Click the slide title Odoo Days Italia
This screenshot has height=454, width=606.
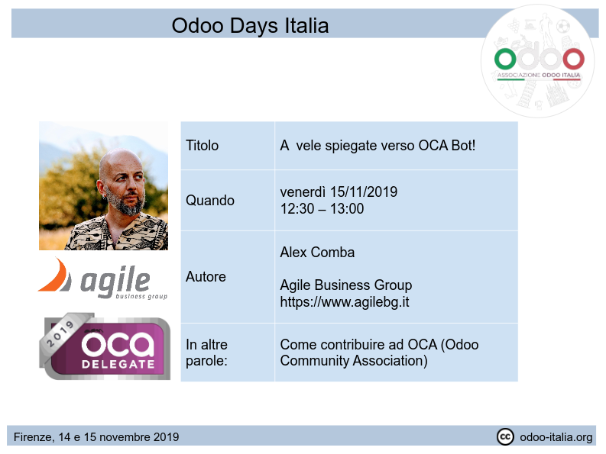[x=250, y=26]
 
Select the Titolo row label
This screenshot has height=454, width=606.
[x=202, y=146]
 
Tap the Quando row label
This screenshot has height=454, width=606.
[x=210, y=201]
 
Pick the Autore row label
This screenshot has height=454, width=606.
[x=206, y=276]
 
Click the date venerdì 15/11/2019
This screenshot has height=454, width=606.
[x=339, y=192]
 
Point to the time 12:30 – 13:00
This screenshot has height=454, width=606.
[x=322, y=209]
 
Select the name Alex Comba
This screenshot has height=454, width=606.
[x=317, y=253]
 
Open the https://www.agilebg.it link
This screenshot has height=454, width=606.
[x=345, y=302]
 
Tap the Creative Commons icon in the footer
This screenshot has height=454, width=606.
[x=504, y=437]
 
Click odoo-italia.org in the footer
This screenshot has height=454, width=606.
[x=556, y=437]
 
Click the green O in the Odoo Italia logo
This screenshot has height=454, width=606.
[x=505, y=60]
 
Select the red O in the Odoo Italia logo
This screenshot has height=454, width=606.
[x=572, y=60]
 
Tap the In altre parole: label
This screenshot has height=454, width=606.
[x=206, y=353]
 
